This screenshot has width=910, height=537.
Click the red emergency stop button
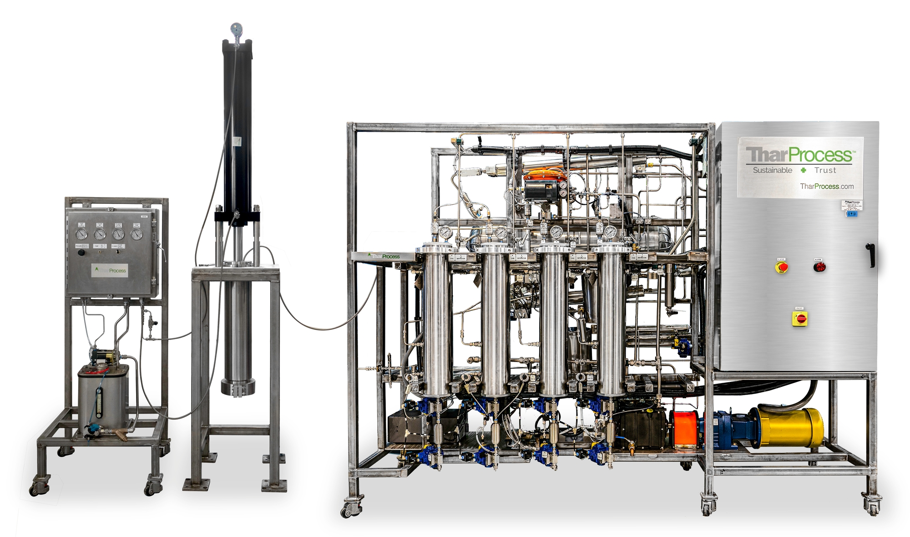point(781,267)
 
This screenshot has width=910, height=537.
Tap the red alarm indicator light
point(819,266)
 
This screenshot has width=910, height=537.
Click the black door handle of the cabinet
point(872,255)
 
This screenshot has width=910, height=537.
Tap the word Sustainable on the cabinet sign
point(772,170)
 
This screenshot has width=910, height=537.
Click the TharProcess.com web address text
point(826,186)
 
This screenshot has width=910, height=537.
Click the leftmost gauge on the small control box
point(81,234)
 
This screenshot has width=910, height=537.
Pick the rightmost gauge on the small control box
point(136,234)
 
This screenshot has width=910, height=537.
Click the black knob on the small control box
point(81,253)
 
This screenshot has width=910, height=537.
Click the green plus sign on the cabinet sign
point(803,170)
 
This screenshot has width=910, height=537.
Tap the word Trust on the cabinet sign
point(825,170)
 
